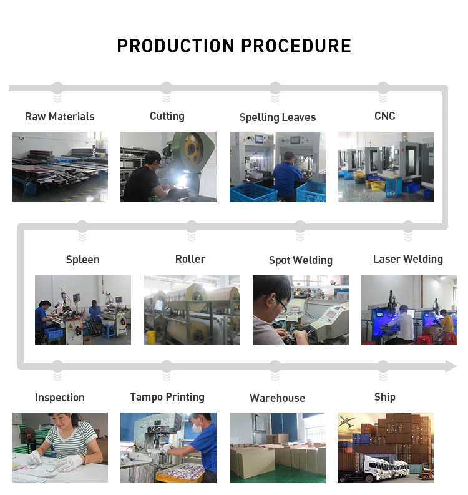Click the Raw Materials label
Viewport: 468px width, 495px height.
pos(60,117)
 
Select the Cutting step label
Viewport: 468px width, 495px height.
pos(167,116)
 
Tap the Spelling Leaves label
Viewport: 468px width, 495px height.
pos(278,117)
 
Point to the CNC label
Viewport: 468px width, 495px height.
pos(385,116)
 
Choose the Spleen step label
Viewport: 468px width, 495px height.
pos(83,260)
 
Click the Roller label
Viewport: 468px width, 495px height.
pos(190,259)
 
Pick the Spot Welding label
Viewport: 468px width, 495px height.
pos(301,260)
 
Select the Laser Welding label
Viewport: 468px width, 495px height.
pos(408,259)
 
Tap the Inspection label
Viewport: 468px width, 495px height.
pos(60,398)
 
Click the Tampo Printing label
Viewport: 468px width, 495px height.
pos(167,397)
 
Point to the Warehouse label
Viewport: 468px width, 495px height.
pos(278,398)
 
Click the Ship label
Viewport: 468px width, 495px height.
pos(385,397)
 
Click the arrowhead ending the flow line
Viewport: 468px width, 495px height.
pos(451,366)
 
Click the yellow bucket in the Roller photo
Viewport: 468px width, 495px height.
pos(151,336)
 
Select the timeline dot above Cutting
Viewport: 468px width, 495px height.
pos(167,87)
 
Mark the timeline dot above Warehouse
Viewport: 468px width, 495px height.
pos(275,366)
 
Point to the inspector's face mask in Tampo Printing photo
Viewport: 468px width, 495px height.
pos(198,429)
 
